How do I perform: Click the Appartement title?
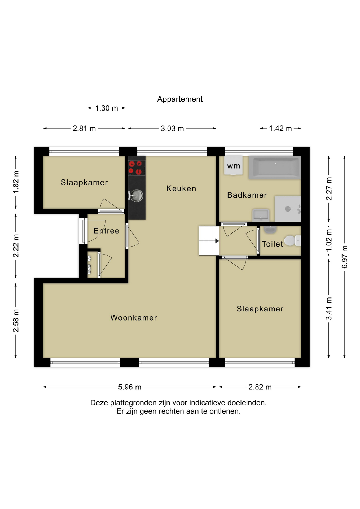pos(180,99)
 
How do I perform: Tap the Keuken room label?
pos(181,188)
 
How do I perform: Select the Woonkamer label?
pos(134,318)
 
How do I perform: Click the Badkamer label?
pos(247,195)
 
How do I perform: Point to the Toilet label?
pos(272,244)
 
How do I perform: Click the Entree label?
pos(106,231)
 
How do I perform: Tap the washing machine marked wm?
pos(233,165)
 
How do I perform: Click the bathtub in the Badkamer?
pos(275,168)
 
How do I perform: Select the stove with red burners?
pos(137,168)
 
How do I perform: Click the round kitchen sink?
pos(136,196)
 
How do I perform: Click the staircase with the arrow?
pos(209,241)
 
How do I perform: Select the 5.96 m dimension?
pos(130,387)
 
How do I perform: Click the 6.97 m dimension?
pos(344,257)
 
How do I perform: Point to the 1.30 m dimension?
pos(106,108)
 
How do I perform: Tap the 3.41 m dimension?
pos(329,309)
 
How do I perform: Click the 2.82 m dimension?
pos(260,387)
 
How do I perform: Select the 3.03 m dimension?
pos(172,128)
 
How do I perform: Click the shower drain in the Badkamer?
pos(288,209)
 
